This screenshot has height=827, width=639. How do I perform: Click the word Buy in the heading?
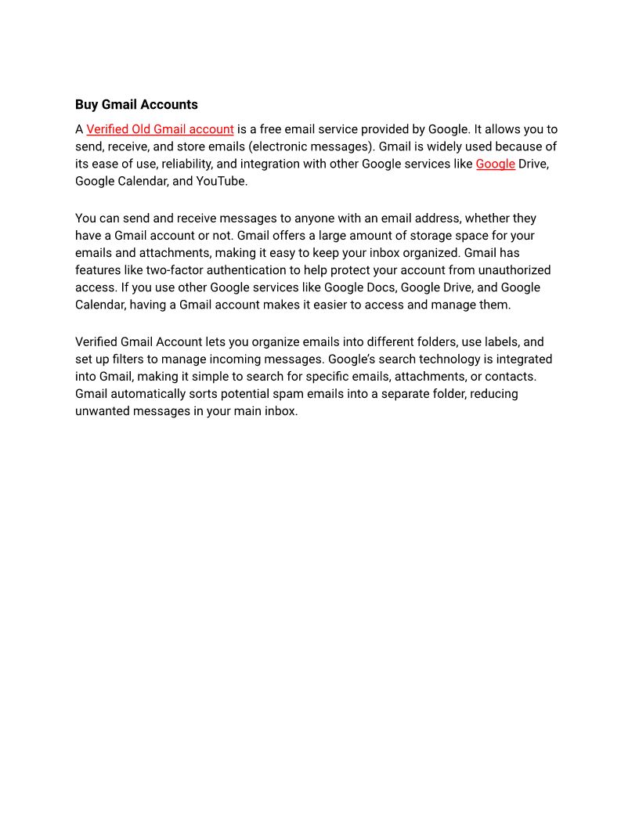[87, 105]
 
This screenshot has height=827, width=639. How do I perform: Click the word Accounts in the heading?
[168, 105]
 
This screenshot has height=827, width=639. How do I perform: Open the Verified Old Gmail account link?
[160, 129]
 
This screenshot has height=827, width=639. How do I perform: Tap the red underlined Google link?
[495, 164]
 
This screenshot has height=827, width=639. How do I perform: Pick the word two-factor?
[179, 270]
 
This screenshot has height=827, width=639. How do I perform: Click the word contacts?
[510, 377]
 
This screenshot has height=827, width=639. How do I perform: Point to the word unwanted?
[102, 411]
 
